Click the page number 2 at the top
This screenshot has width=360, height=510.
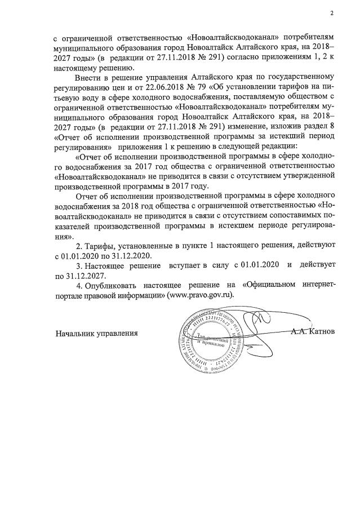pyautogui.click(x=332, y=13)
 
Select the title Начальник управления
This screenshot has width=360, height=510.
pyautogui.click(x=97, y=332)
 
